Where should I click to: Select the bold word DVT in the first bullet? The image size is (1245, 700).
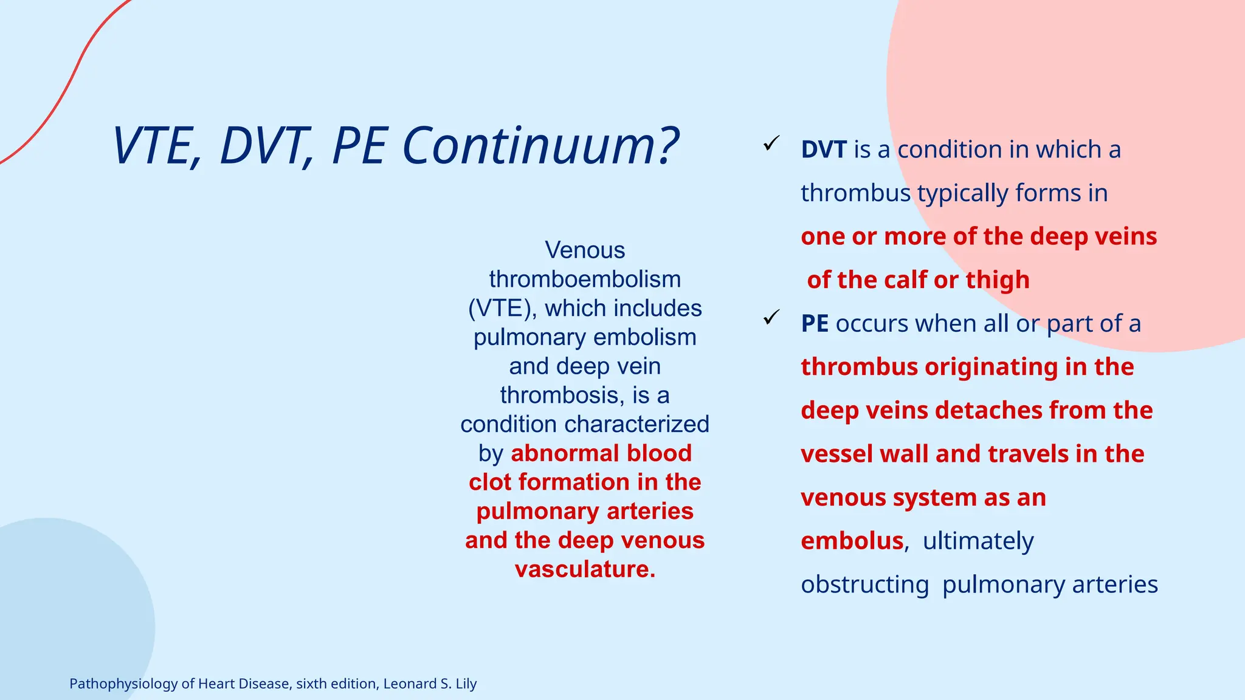(x=823, y=149)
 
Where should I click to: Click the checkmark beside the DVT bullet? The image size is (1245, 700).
(x=771, y=144)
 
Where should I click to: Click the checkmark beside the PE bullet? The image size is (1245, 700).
(x=771, y=317)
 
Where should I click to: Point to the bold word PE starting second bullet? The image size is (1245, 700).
(x=815, y=324)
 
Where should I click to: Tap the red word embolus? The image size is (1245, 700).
(x=852, y=541)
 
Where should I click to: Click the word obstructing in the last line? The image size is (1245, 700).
(x=864, y=585)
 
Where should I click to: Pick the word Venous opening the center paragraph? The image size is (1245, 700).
(x=585, y=250)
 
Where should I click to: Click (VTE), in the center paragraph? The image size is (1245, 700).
(x=502, y=309)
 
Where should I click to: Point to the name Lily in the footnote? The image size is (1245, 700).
(x=466, y=684)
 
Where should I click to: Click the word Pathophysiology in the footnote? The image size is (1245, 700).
(x=123, y=684)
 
